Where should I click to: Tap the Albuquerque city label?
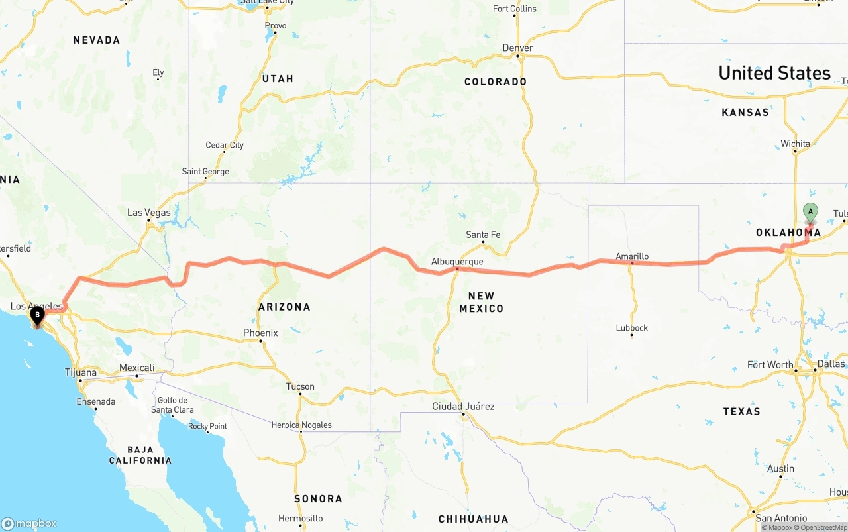tap(457, 262)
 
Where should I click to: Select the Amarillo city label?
tap(632, 256)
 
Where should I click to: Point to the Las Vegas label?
tap(149, 213)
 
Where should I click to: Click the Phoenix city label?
tap(260, 333)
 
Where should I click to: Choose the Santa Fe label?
tap(483, 235)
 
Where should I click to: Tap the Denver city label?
tap(517, 48)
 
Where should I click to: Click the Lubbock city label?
tap(631, 328)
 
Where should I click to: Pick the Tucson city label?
tap(300, 386)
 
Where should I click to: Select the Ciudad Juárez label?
tap(463, 406)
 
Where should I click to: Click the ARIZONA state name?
tap(284, 307)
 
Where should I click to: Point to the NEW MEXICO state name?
tap(482, 302)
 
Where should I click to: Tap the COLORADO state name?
tap(496, 82)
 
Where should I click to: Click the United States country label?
tap(774, 73)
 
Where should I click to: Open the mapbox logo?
tap(29, 523)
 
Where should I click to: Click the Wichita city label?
tap(795, 144)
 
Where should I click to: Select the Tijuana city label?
tap(81, 372)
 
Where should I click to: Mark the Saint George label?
tap(205, 172)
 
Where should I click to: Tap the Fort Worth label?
tap(770, 365)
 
